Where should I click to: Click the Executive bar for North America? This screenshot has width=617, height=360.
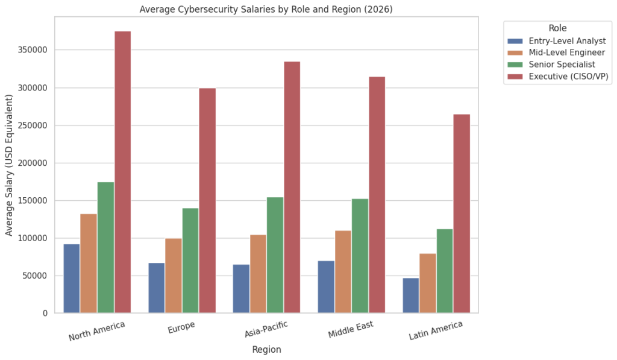click(x=122, y=172)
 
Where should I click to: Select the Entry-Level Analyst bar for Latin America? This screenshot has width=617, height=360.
click(x=411, y=295)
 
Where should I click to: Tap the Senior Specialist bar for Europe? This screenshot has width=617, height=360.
click(x=190, y=261)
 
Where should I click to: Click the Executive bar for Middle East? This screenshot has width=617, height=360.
click(x=377, y=195)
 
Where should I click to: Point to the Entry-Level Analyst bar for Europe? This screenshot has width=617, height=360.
click(x=157, y=288)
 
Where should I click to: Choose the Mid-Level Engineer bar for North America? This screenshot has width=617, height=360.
click(x=89, y=264)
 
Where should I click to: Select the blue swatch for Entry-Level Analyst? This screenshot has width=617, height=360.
click(x=515, y=41)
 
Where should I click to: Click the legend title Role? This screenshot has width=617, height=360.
click(x=557, y=28)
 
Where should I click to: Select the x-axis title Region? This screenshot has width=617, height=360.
click(x=266, y=350)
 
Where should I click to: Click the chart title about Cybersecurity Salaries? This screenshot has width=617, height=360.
click(x=266, y=9)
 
